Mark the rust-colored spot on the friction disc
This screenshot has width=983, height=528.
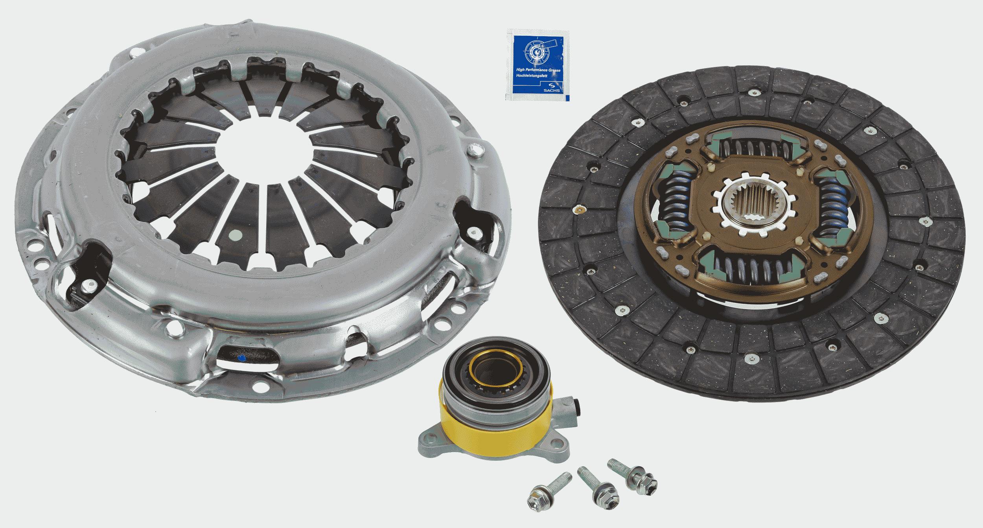[x=578, y=210]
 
